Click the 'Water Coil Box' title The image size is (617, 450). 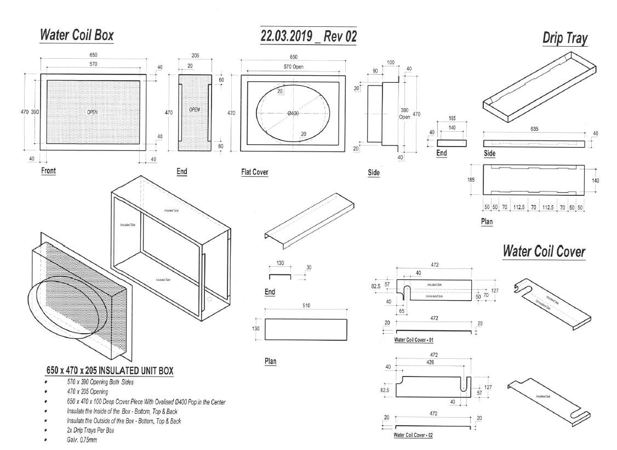[x=76, y=36]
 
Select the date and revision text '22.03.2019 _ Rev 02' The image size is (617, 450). [x=308, y=36]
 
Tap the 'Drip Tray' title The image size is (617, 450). [x=564, y=38]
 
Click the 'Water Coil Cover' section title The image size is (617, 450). [x=544, y=251]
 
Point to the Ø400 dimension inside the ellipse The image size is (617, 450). [x=293, y=113]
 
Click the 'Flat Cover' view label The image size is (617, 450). [x=255, y=172]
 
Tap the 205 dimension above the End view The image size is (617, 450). [x=195, y=56]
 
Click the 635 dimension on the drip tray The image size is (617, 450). [x=534, y=128]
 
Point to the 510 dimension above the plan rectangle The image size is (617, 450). [x=305, y=305]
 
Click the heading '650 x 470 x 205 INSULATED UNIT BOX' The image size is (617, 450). [x=110, y=371]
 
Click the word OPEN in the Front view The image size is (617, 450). [x=92, y=111]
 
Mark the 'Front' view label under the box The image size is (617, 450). [x=49, y=171]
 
